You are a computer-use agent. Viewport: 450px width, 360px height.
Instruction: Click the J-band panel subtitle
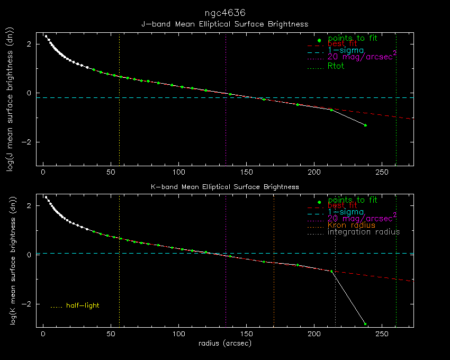coord(224,24)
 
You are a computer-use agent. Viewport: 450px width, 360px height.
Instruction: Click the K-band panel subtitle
coord(224,187)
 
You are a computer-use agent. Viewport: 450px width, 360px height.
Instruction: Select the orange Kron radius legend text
coord(352,226)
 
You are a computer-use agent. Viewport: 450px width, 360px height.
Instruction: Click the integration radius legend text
coord(364,232)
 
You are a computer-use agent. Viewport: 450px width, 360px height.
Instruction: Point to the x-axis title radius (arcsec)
coord(224,343)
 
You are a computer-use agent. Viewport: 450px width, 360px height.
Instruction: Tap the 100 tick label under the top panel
coord(179,173)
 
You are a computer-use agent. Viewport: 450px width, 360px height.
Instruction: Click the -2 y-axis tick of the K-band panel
coord(30,304)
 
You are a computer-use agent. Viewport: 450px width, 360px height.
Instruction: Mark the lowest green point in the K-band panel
coord(365,323)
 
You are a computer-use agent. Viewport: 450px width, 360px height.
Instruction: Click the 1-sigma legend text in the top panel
coord(346,50)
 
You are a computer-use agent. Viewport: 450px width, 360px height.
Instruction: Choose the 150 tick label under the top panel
coord(247,173)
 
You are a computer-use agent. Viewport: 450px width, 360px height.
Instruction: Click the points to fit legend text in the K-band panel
coord(353,200)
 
